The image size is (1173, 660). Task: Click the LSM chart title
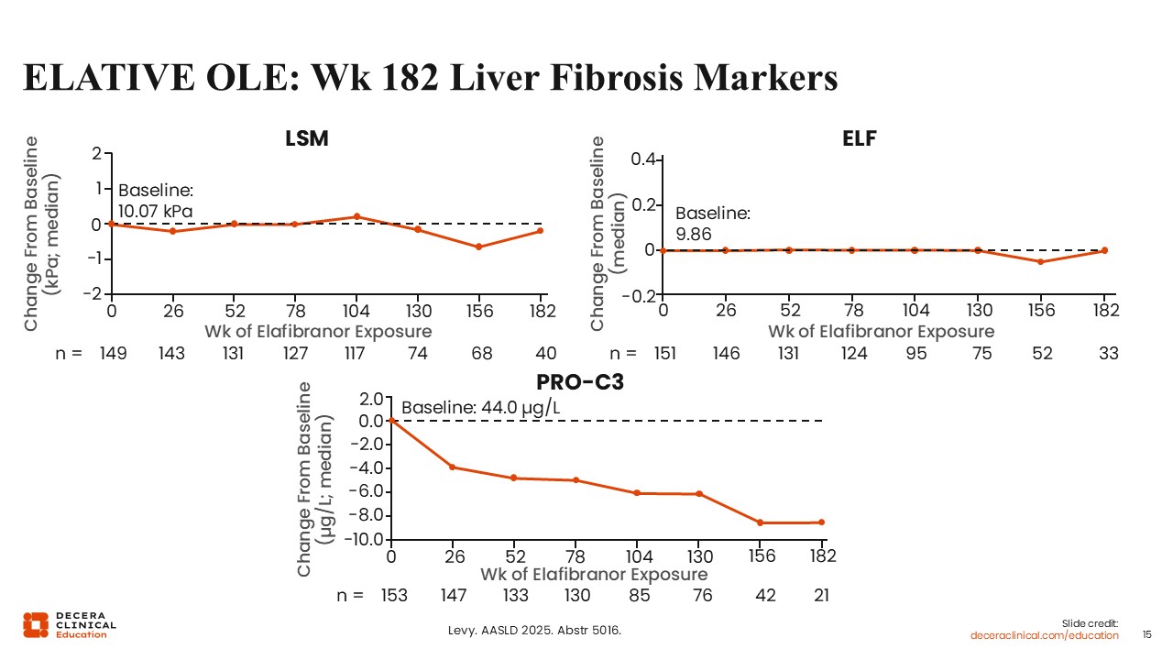click(x=308, y=138)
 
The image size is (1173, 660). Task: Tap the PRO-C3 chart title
click(x=580, y=382)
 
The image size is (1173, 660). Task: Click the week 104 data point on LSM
click(x=356, y=216)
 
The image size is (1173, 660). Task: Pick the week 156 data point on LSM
click(x=478, y=247)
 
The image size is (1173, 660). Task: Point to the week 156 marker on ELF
click(x=1040, y=262)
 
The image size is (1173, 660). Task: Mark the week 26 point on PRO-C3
click(x=453, y=467)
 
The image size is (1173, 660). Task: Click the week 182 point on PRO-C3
click(x=821, y=522)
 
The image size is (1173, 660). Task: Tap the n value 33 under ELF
click(x=1108, y=354)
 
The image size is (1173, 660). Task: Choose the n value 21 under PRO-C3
click(x=821, y=596)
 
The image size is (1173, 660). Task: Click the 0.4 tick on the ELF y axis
click(x=642, y=159)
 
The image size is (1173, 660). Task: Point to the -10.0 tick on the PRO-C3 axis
click(x=362, y=540)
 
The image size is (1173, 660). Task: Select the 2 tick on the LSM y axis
click(x=96, y=153)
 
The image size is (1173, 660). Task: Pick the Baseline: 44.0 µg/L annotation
click(x=480, y=407)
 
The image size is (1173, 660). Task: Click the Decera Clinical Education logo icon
click(x=36, y=624)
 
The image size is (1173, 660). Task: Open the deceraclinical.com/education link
click(x=1045, y=635)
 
